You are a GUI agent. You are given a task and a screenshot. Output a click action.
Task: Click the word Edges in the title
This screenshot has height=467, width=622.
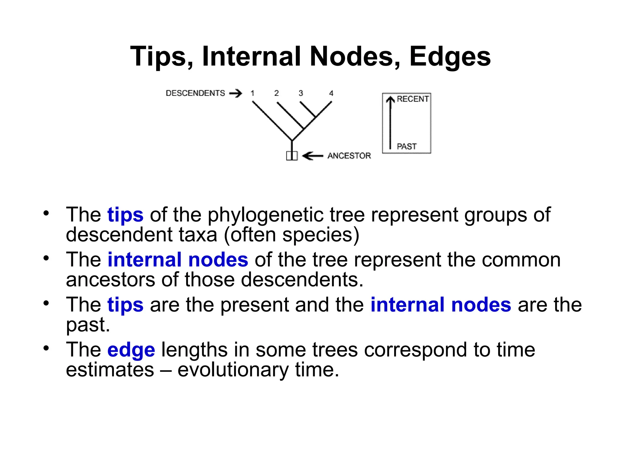pyautogui.click(x=450, y=57)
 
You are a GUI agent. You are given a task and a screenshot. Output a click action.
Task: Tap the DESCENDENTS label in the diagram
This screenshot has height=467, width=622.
pyautogui.click(x=195, y=93)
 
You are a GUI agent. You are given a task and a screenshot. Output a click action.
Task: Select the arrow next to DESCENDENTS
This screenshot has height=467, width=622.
pyautogui.click(x=236, y=93)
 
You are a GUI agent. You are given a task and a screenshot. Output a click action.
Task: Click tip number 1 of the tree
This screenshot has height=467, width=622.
pyautogui.click(x=252, y=93)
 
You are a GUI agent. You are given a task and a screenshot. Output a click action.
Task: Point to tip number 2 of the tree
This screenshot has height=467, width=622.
pyautogui.click(x=276, y=93)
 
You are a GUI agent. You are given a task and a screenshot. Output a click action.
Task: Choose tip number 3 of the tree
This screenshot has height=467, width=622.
pyautogui.click(x=301, y=93)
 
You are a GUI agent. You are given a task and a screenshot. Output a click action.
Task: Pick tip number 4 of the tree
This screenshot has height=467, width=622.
pyautogui.click(x=331, y=93)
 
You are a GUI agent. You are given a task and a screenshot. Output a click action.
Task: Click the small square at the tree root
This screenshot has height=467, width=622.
pyautogui.click(x=292, y=156)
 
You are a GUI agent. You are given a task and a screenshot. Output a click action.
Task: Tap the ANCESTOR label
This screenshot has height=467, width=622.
pyautogui.click(x=349, y=156)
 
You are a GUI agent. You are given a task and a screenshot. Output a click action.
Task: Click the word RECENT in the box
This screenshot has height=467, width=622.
pyautogui.click(x=412, y=99)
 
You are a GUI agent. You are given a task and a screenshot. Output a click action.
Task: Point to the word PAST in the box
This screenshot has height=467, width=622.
pyautogui.click(x=407, y=147)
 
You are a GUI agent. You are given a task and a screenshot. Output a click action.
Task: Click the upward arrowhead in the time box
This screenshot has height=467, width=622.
pyautogui.click(x=390, y=99)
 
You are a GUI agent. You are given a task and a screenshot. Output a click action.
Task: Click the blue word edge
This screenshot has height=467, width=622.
pyautogui.click(x=131, y=350)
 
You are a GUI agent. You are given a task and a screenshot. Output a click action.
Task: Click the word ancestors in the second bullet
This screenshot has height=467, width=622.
pyautogui.click(x=110, y=280)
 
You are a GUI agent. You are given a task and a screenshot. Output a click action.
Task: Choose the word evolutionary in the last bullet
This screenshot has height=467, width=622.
pyautogui.click(x=233, y=370)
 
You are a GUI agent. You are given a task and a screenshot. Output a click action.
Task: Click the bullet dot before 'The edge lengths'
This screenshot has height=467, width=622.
pyautogui.click(x=46, y=348)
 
